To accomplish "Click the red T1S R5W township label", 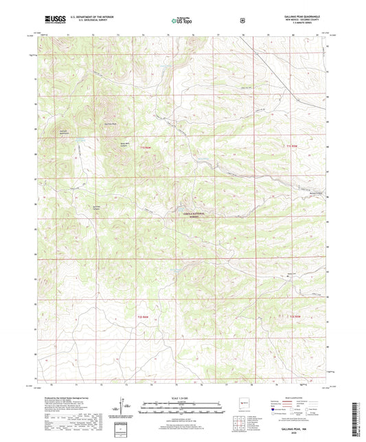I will pos(293,146).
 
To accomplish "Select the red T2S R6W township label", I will pos(141,317).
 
